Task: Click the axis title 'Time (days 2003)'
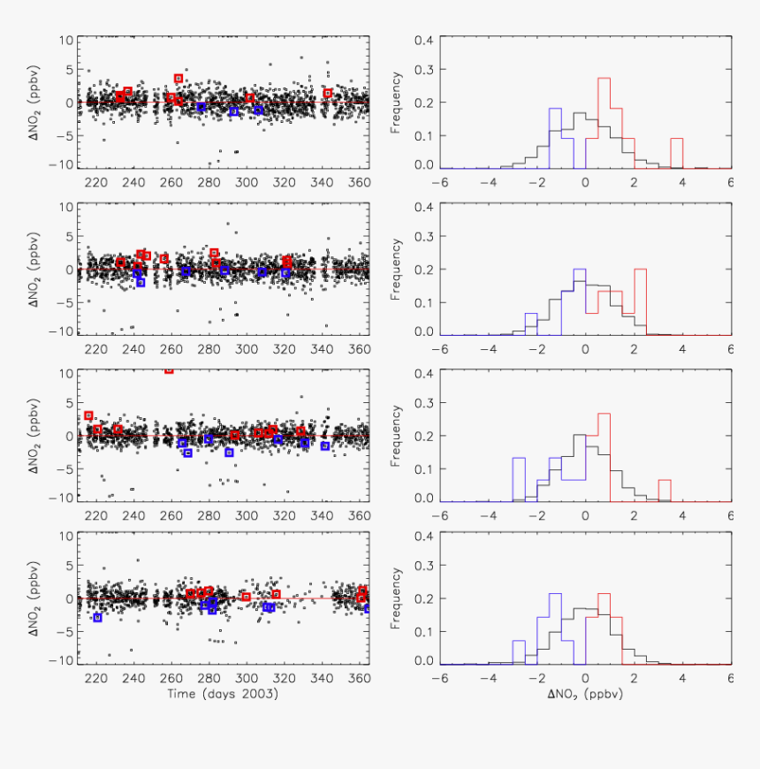point(223,694)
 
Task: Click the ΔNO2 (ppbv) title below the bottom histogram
point(585,695)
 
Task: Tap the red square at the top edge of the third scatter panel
point(169,369)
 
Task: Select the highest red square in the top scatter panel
point(179,79)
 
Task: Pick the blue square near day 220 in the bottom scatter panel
point(97,618)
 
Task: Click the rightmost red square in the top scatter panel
point(327,93)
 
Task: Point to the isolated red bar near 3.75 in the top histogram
point(677,153)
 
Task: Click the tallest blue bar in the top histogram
point(555,138)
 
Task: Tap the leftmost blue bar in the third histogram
point(519,479)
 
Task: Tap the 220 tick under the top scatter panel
point(97,183)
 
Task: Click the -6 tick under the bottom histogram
point(439,679)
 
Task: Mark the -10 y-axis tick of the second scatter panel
point(64,331)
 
